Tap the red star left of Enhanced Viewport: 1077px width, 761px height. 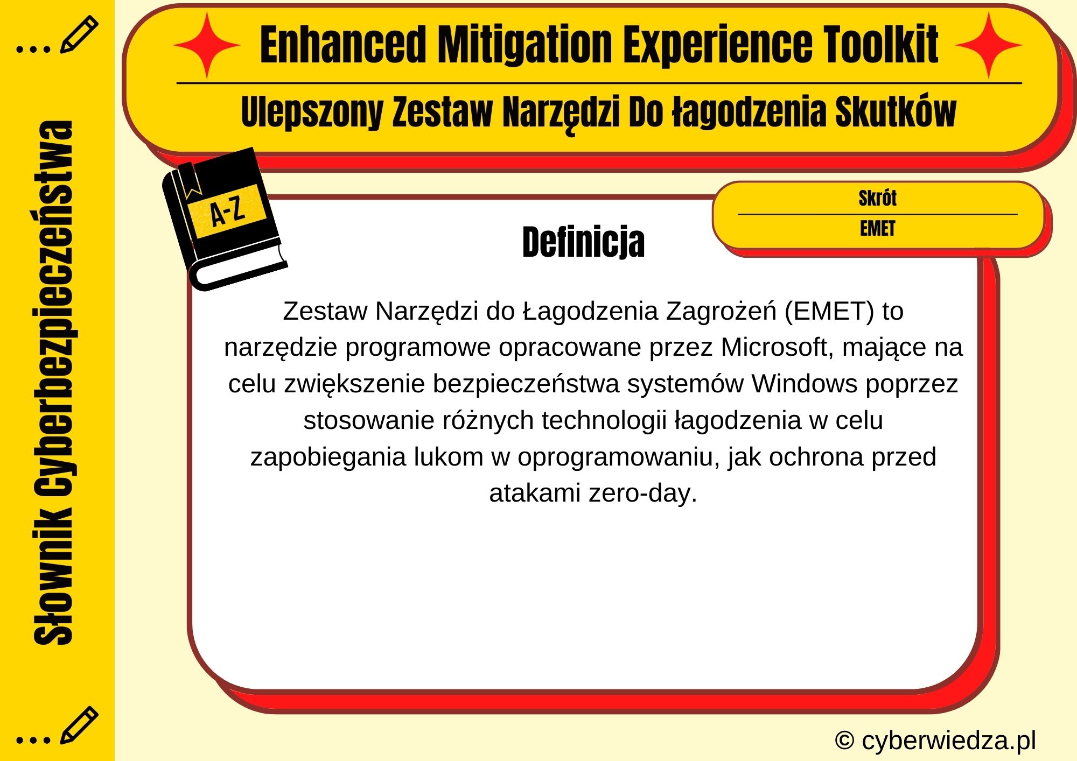(x=206, y=45)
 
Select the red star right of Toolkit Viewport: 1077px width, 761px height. (x=989, y=45)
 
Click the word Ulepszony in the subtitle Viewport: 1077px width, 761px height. (x=312, y=112)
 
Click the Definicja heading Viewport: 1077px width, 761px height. (x=583, y=242)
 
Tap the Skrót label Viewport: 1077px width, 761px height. (x=877, y=198)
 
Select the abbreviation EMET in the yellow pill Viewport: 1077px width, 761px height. (x=877, y=229)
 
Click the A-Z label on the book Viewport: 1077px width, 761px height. (x=227, y=211)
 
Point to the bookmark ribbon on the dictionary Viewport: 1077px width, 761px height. (x=189, y=180)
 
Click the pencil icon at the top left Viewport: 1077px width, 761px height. (x=79, y=34)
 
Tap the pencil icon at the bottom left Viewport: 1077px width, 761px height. (x=79, y=725)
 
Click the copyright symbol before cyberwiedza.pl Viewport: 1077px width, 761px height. (x=844, y=741)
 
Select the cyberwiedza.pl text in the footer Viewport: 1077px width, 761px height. (x=948, y=741)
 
